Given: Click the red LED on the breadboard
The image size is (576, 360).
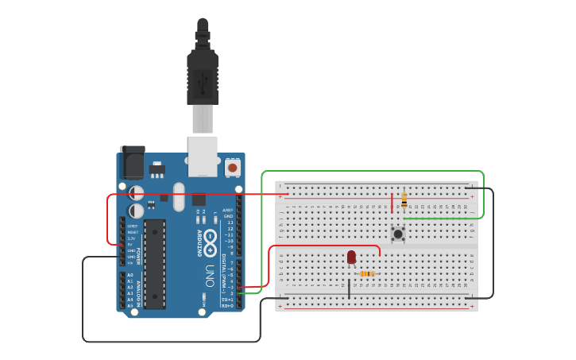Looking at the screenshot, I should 351,257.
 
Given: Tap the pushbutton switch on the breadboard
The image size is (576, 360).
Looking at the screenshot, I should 398,234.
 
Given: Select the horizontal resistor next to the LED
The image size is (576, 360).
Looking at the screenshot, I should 366,274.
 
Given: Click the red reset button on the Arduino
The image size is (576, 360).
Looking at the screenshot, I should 232,167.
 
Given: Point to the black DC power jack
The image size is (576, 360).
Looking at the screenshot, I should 131,163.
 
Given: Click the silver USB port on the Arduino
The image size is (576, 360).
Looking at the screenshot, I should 203,155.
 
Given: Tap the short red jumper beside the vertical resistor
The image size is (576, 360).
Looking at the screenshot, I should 392,202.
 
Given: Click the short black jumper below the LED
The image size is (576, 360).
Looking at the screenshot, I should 349,288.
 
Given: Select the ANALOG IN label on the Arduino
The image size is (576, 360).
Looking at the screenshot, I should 138,289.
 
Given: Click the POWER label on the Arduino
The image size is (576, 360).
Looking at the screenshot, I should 138,255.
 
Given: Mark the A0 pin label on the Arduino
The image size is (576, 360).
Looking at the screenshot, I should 130,275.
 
